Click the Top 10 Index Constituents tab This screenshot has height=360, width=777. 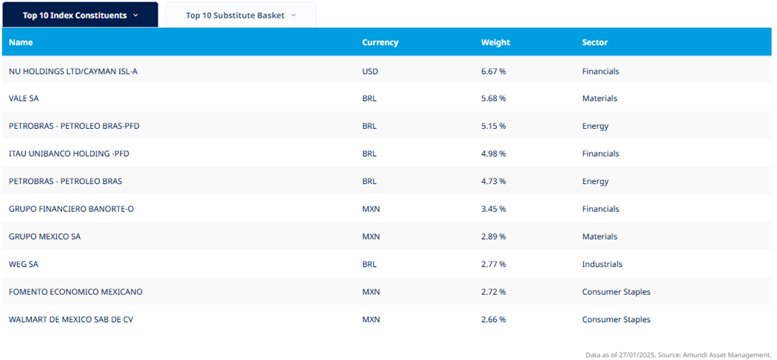80,15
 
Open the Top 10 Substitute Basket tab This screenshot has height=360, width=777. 241,15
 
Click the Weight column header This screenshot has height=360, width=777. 495,42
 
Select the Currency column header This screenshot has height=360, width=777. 380,42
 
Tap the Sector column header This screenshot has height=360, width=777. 595,42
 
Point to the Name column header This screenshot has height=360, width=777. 20,42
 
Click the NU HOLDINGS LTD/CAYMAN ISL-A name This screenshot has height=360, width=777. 73,71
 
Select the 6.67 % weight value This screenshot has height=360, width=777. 493,71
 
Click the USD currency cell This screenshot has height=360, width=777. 370,71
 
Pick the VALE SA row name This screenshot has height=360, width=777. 24,98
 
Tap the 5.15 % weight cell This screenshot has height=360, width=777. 493,126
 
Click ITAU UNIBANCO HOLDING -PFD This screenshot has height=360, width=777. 69,153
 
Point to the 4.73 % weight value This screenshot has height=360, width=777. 493,181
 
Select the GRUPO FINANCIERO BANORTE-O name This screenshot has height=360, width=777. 71,209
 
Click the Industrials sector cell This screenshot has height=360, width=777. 602,264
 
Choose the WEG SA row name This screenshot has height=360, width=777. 24,264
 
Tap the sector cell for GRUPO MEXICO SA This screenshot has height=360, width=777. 600,237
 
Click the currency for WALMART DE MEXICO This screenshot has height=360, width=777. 371,319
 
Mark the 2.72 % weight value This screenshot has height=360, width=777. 493,292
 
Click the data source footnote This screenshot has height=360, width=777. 679,355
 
